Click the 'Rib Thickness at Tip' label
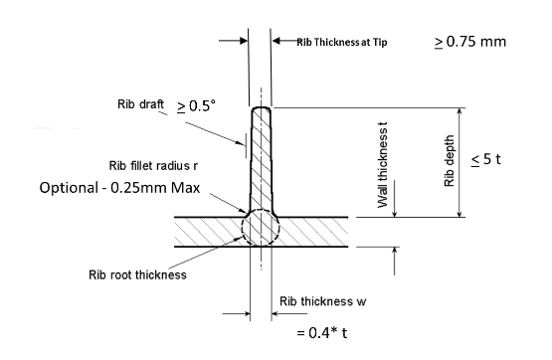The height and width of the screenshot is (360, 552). [342, 42]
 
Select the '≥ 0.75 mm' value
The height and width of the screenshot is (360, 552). [470, 42]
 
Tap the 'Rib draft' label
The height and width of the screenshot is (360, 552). [140, 104]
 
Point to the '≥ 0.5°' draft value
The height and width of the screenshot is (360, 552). [196, 106]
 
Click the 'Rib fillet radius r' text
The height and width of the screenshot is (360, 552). [153, 165]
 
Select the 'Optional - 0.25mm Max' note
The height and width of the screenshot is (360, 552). [119, 188]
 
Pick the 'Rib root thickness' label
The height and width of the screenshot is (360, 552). [137, 274]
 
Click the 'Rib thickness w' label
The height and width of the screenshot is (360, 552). [323, 301]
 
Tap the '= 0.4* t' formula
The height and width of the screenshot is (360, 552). [322, 332]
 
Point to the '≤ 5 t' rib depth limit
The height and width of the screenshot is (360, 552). [485, 159]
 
